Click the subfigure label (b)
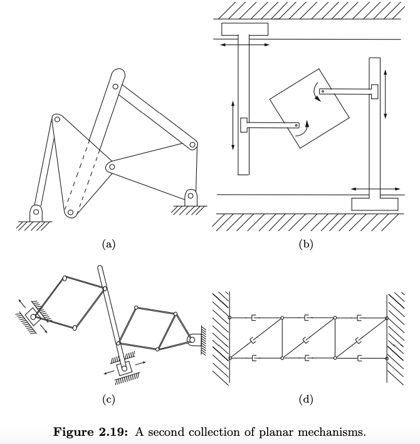306,245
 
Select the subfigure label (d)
306,399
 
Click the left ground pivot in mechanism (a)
36,212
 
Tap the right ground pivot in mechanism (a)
190,196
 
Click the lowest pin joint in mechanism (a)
71,213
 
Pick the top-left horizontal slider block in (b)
244,29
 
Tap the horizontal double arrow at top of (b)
244,45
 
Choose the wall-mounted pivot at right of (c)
194,340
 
